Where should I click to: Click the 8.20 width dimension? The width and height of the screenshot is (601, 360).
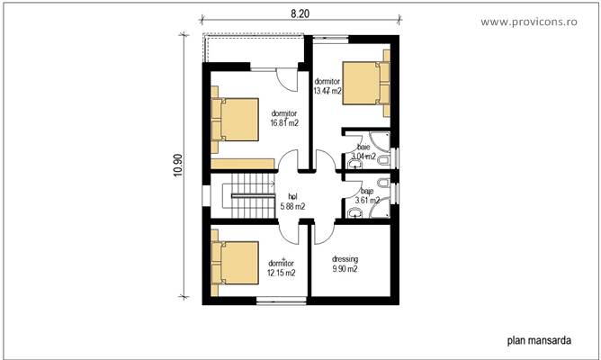pyautogui.click(x=300, y=14)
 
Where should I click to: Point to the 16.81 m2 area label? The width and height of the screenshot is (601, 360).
pyautogui.click(x=283, y=123)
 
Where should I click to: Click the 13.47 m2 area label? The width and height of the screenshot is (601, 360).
pyautogui.click(x=327, y=91)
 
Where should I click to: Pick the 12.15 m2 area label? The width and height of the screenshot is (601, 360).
pyautogui.click(x=282, y=272)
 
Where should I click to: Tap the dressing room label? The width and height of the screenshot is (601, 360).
pyautogui.click(x=345, y=257)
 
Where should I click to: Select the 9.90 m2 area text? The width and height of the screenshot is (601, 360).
pyautogui.click(x=345, y=269)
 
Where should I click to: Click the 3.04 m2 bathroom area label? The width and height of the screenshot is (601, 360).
pyautogui.click(x=363, y=157)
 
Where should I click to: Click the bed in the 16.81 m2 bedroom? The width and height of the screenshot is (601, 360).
pyautogui.click(x=236, y=121)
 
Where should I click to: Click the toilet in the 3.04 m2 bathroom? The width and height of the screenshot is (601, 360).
pyautogui.click(x=384, y=160)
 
